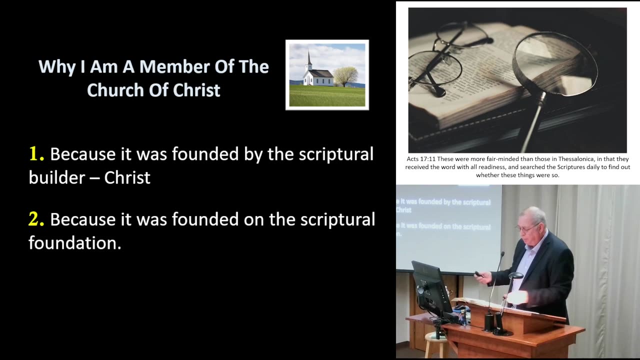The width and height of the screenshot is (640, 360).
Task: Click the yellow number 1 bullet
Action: coord(36,154)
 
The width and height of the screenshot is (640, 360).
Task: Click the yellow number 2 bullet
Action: coord(36,219)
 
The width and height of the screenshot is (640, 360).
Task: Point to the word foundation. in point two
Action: coord(75,243)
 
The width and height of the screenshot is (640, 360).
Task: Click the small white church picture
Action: coord(327,75)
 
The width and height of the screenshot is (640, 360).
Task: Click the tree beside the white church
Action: coord(345,76)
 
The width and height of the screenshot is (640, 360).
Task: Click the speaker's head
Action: coord(531,220)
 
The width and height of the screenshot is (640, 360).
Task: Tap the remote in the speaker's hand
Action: coord(478,274)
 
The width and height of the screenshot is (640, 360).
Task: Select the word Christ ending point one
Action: coord(127,177)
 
